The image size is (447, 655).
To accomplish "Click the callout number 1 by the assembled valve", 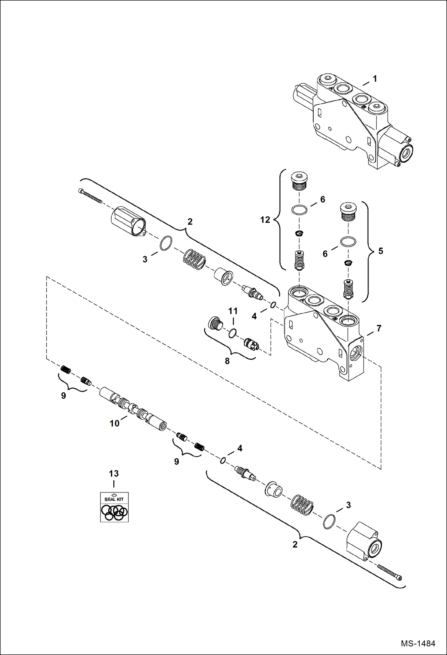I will [x=375, y=79].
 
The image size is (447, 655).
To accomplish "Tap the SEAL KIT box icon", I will [x=114, y=507].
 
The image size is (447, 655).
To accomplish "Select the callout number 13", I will [x=114, y=473].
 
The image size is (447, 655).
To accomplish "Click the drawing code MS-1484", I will [x=418, y=643].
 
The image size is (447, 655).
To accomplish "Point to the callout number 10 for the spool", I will [x=114, y=423].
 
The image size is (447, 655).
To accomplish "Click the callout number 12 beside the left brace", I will [x=265, y=220].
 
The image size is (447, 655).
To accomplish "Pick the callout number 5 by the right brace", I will [x=380, y=251].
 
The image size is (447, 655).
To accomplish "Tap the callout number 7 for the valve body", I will [x=379, y=329].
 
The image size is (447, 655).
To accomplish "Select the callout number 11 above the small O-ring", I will [x=233, y=311].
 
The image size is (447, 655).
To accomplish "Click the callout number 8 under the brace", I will [x=227, y=361].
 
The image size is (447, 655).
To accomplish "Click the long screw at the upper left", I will [x=90, y=196].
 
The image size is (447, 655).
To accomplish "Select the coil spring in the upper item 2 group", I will [x=194, y=259].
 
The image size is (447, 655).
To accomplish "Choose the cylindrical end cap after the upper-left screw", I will [x=128, y=221].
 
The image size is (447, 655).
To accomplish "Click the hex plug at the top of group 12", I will [x=299, y=181].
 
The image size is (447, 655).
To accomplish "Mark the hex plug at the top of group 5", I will [x=348, y=212].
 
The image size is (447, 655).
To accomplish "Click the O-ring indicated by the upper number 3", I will [x=166, y=243].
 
